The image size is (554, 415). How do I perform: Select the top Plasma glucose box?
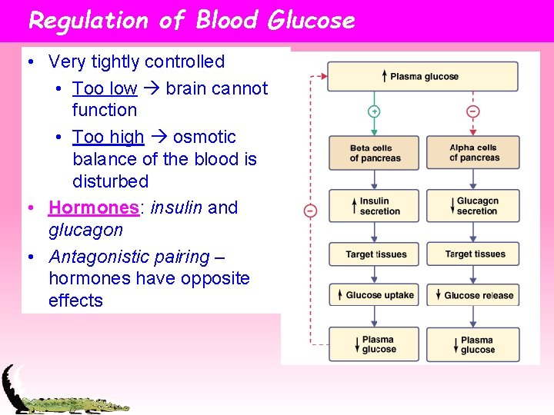tap(422, 76)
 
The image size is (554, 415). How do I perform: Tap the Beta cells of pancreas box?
tap(374, 153)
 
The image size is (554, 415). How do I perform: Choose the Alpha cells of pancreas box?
tap(472, 153)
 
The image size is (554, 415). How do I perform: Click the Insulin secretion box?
tap(374, 206)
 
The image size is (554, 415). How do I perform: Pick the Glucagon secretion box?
tap(472, 206)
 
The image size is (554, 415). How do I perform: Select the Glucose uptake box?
tap(374, 295)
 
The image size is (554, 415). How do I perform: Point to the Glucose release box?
tap(472, 295)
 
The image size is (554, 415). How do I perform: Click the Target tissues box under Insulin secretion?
tap(374, 254)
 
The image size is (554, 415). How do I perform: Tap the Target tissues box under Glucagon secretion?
tap(472, 254)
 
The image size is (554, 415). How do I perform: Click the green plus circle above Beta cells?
tap(374, 111)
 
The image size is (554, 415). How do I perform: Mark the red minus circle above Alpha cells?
tap(472, 111)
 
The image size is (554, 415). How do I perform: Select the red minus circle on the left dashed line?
tap(310, 210)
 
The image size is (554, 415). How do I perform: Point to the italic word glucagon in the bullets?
tap(85, 230)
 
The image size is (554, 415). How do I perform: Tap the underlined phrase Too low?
tap(105, 88)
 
